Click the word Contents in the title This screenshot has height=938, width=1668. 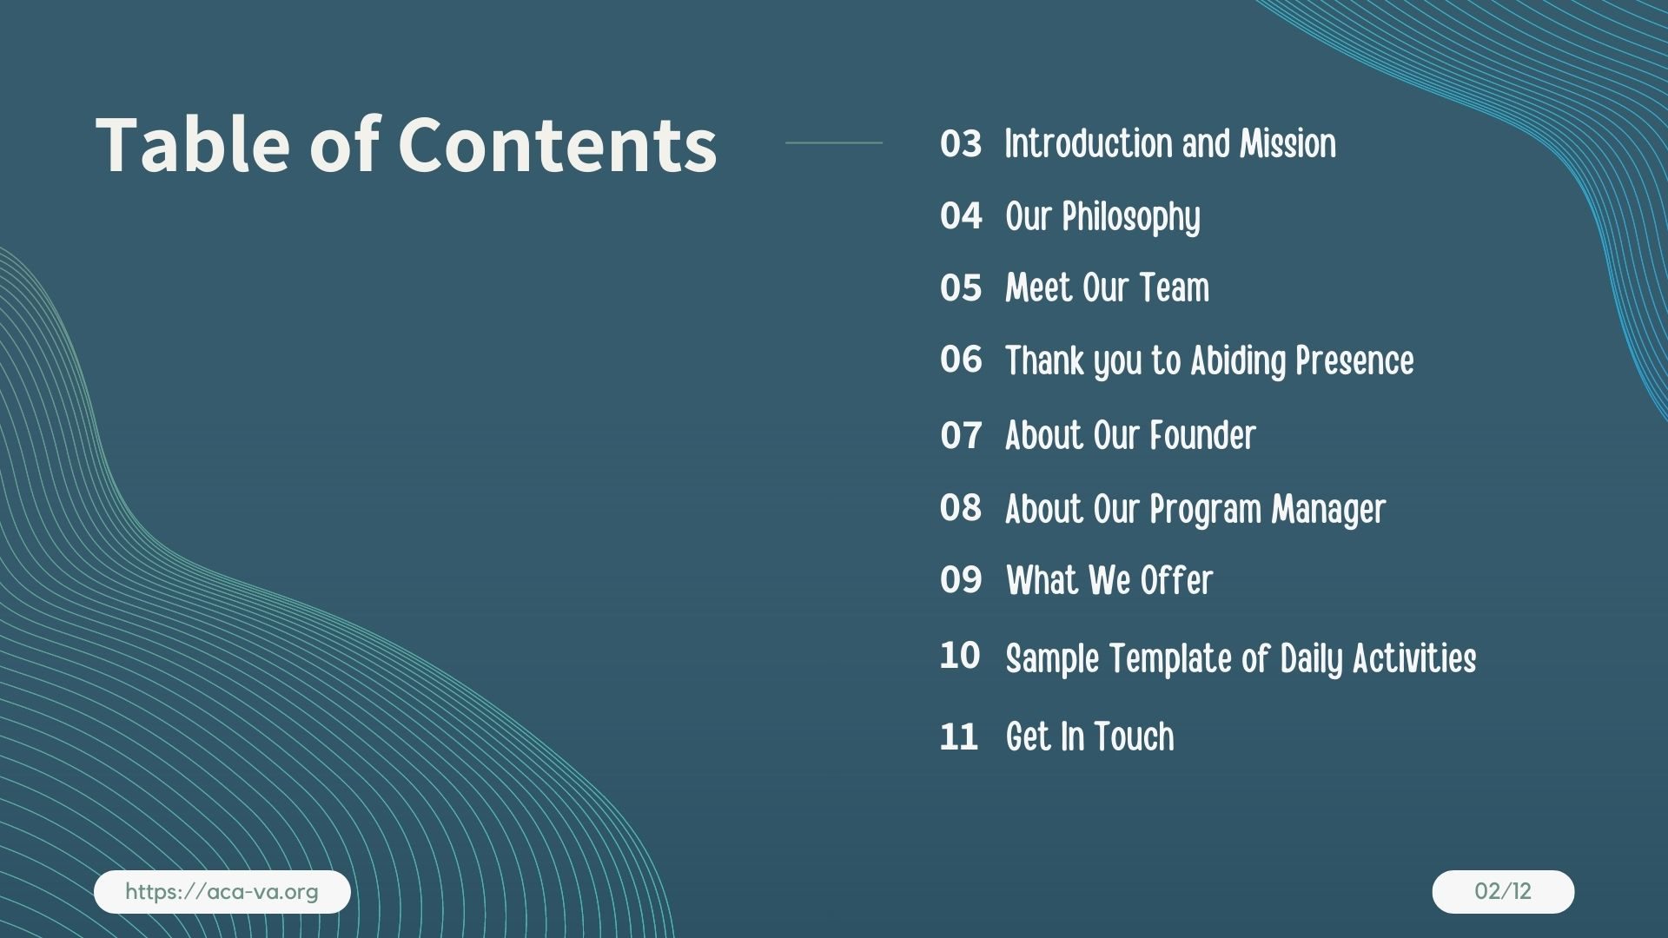point(557,144)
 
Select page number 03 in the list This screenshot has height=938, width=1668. point(960,144)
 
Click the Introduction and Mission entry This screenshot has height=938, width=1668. point(1170,144)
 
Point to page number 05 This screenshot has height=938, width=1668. point(960,288)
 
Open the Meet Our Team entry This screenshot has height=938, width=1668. point(1107,288)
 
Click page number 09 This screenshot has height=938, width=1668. point(960,580)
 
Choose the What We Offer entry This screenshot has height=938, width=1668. point(1109,580)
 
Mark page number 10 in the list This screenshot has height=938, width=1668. point(959,656)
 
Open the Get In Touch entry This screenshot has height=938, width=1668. point(1090,737)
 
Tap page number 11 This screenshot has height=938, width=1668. point(958,737)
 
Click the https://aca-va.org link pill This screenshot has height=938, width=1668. point(222,892)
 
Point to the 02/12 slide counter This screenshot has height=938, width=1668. point(1503,892)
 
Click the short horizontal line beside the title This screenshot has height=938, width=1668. point(834,142)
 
